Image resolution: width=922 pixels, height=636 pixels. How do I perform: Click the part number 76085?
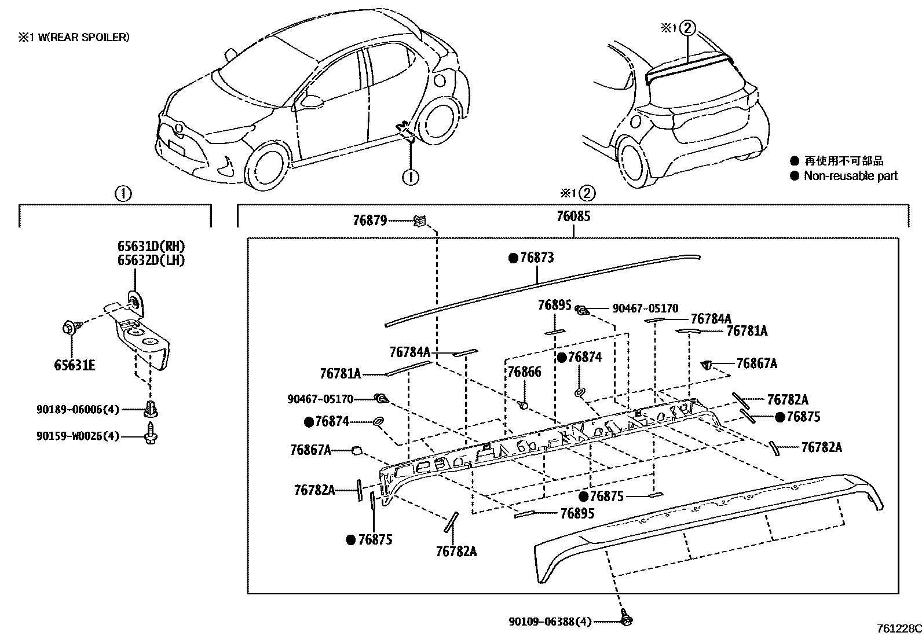(x=573, y=217)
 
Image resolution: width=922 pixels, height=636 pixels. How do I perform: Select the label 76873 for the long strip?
(x=536, y=258)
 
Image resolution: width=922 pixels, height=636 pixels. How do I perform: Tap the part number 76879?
(x=369, y=220)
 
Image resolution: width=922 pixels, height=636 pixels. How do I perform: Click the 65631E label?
(x=75, y=365)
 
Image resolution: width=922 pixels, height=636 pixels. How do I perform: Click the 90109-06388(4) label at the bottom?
(x=550, y=622)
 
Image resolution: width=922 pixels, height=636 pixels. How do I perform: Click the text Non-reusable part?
(x=850, y=176)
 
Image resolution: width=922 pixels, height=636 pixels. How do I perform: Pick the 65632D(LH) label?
(x=151, y=260)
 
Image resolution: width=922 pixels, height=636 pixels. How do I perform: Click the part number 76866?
(x=524, y=372)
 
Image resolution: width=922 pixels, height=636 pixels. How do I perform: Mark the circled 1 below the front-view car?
(x=410, y=177)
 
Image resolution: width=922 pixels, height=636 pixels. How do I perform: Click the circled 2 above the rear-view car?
(x=687, y=27)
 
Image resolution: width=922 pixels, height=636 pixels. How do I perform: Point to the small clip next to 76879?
(x=420, y=220)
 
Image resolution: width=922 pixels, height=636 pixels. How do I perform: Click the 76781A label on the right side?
(x=747, y=331)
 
